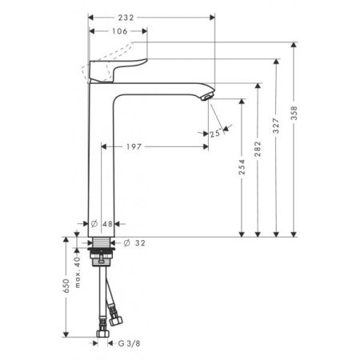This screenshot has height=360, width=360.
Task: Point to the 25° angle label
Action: point(214,134)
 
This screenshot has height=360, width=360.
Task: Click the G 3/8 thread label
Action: point(128,345)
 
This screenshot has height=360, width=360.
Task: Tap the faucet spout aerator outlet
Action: point(206,97)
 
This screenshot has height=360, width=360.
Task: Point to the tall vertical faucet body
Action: point(102,160)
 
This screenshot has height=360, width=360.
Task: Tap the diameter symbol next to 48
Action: point(94,223)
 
